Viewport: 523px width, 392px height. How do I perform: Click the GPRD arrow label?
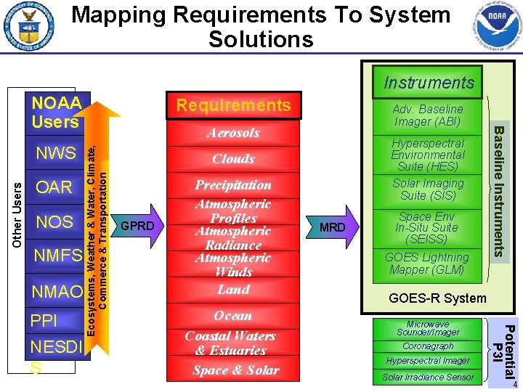[x=137, y=226]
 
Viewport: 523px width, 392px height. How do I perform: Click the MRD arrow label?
[x=333, y=227]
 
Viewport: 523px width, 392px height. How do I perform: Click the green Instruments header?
[x=429, y=83]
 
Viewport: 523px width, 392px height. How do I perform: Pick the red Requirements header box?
[x=233, y=106]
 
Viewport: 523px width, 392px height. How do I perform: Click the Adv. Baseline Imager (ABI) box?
[x=428, y=115]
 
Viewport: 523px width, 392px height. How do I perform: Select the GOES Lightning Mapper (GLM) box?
[x=427, y=264]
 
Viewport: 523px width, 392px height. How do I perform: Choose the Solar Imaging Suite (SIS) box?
[x=428, y=189]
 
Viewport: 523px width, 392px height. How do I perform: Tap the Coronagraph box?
[x=428, y=346]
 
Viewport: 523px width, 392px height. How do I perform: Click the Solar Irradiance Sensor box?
[x=428, y=377]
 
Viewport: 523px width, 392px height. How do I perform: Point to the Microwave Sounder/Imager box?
[x=428, y=328]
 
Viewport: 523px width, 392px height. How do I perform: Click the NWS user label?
[x=57, y=153]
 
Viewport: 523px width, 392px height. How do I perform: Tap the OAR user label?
[x=54, y=187]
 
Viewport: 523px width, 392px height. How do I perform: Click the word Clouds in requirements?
[x=233, y=159]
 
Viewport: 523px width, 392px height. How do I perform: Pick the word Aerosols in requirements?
[x=233, y=133]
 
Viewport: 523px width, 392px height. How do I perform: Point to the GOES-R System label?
[x=437, y=298]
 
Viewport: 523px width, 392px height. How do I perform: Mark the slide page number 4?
[x=514, y=385]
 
